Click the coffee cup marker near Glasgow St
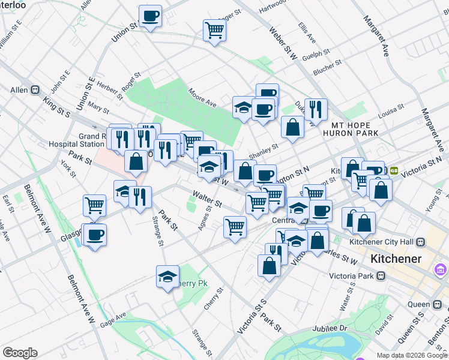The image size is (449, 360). tap(94, 235)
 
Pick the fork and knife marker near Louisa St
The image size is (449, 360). tap(316, 109)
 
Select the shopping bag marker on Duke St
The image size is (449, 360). tap(292, 127)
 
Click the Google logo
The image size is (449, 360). tap(20, 353)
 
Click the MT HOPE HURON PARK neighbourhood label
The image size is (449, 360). tap(355, 128)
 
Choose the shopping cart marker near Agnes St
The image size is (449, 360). tap(235, 227)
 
